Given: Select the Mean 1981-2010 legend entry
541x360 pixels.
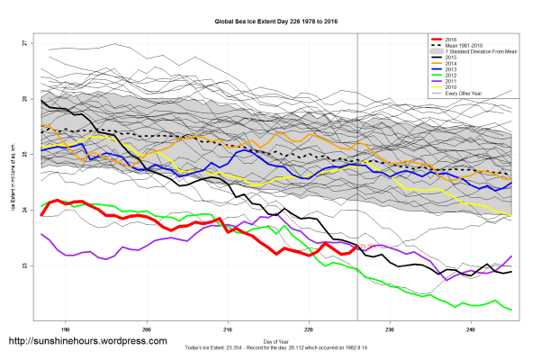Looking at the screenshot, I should pyautogui.click(x=466, y=46).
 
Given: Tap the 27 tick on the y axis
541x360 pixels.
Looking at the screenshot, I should pyautogui.click(x=25, y=43).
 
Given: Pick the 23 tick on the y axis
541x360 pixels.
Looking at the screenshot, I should pyautogui.click(x=25, y=266).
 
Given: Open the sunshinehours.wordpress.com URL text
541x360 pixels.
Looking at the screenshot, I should pyautogui.click(x=87, y=342).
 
